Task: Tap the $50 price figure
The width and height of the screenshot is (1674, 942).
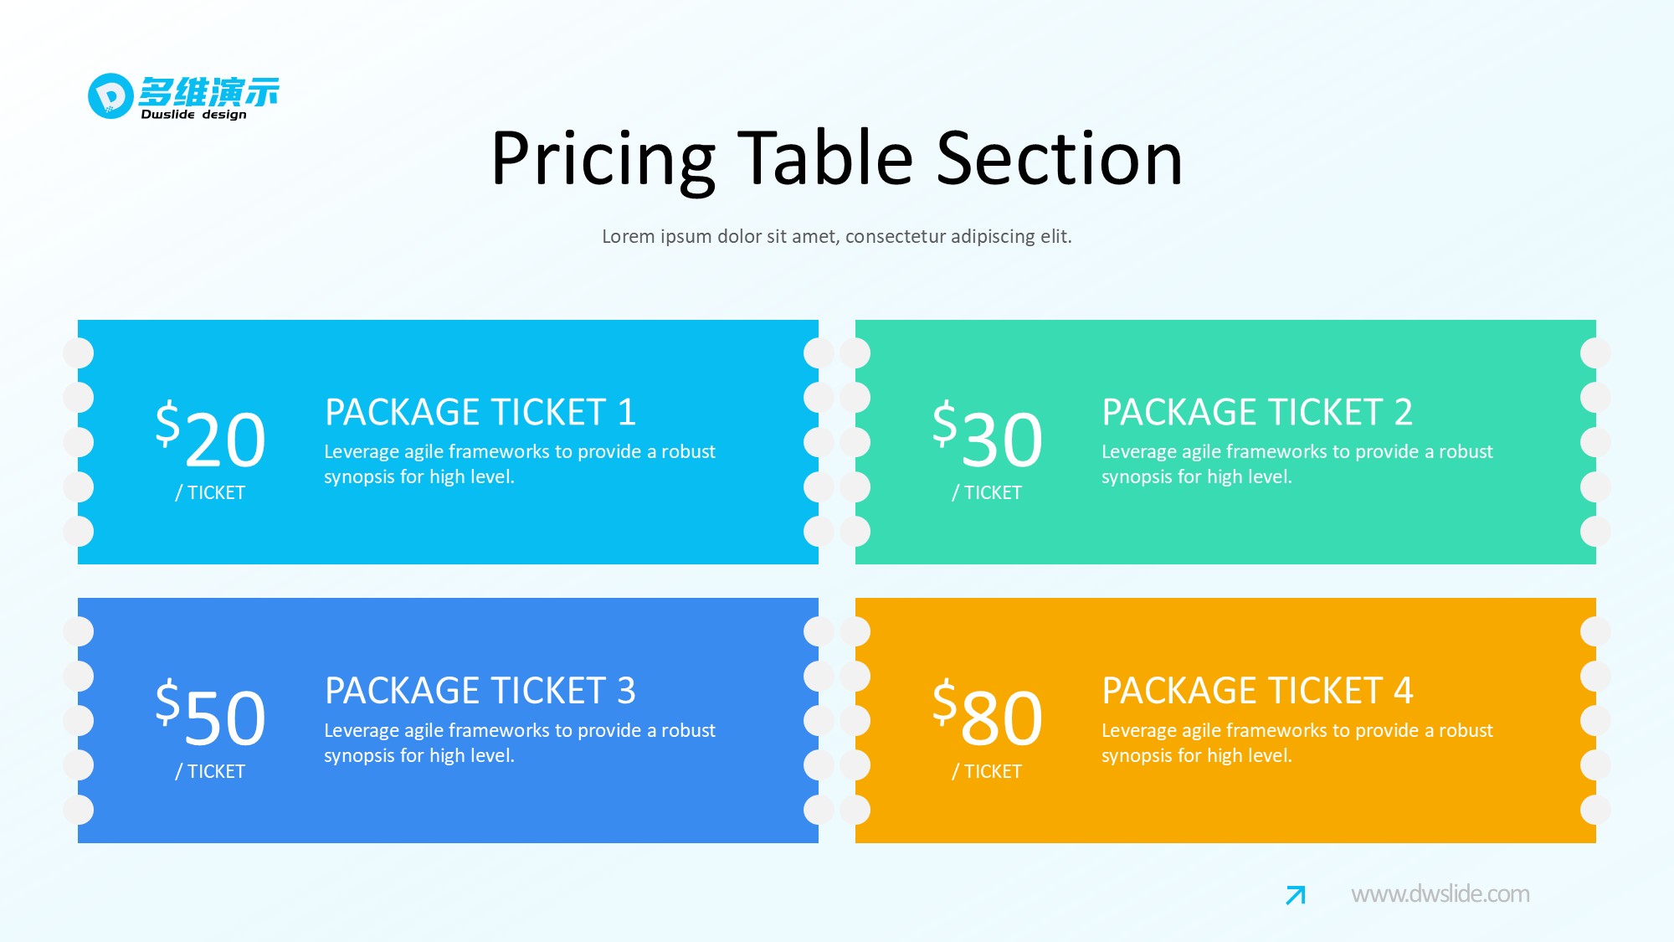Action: pyautogui.click(x=211, y=713)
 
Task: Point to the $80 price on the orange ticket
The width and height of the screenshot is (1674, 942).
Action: pyautogui.click(x=988, y=713)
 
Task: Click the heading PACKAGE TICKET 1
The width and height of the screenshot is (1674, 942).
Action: pyautogui.click(x=480, y=412)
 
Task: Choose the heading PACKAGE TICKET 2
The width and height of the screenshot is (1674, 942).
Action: pyautogui.click(x=1257, y=412)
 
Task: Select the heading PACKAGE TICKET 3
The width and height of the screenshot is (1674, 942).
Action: pyautogui.click(x=480, y=691)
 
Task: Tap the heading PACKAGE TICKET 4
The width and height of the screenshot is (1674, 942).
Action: pyautogui.click(x=1257, y=691)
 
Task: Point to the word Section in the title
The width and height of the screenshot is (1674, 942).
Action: pyautogui.click(x=1060, y=158)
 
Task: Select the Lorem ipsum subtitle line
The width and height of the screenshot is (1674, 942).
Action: pyautogui.click(x=836, y=236)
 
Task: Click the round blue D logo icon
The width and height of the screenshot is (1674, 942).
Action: pyautogui.click(x=110, y=95)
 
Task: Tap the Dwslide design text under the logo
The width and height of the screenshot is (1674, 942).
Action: pyautogui.click(x=193, y=115)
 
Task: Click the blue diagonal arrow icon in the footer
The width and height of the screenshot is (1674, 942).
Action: pyautogui.click(x=1296, y=895)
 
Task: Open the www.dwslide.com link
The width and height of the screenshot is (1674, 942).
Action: pyautogui.click(x=1440, y=894)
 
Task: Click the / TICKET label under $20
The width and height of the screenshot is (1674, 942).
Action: pyautogui.click(x=210, y=493)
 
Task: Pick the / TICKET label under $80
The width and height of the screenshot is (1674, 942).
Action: pyautogui.click(x=987, y=772)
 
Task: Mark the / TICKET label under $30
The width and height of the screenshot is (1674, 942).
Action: pyautogui.click(x=987, y=493)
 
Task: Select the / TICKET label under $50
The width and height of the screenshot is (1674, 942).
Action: pyautogui.click(x=210, y=772)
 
